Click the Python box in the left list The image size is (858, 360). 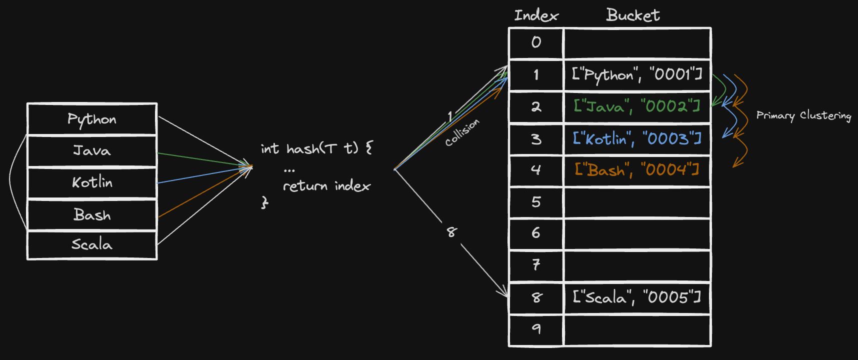92,119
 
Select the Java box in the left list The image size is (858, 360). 92,150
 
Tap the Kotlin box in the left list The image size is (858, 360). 92,182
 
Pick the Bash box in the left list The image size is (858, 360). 92,214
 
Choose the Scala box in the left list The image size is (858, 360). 92,244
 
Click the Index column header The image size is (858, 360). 536,15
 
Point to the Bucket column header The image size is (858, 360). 633,15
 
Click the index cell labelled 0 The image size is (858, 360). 536,43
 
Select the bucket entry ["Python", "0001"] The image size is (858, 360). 637,75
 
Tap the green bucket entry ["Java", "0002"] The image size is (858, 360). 637,106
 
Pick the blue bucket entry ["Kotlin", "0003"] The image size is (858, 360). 637,138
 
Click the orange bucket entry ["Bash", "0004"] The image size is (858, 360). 637,170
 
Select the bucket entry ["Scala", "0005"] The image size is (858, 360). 637,297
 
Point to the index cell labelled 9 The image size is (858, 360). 536,330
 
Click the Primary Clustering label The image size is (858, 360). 803,115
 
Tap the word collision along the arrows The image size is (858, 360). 462,132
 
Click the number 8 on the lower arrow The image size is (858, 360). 451,232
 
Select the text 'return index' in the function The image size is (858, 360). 326,186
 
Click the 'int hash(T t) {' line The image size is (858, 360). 316,148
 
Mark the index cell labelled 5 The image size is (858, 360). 536,202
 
